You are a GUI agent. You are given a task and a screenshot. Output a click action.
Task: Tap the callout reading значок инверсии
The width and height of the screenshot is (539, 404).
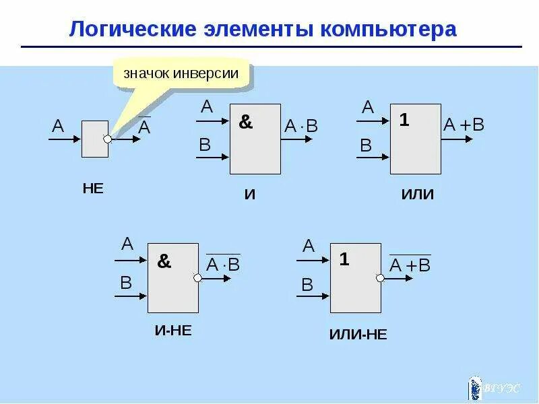pos(181,73)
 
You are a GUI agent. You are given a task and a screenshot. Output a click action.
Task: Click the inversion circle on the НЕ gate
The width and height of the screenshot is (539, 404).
pos(108,139)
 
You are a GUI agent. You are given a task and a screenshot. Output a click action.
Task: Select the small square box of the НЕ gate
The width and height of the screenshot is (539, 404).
pos(94,139)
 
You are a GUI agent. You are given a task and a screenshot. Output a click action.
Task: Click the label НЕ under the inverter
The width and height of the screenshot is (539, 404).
pos(93,189)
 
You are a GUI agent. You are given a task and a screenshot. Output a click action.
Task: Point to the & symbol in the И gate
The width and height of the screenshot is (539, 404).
pos(246,123)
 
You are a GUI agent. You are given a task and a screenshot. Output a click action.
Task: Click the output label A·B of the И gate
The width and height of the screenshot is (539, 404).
pos(300,126)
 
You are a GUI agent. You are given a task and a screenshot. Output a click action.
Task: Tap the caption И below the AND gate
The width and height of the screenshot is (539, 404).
pos(250,195)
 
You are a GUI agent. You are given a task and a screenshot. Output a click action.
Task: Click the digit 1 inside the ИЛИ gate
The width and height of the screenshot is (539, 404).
pos(404,121)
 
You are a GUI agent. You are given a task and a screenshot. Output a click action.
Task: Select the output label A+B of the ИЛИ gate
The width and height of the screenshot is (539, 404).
pos(464,125)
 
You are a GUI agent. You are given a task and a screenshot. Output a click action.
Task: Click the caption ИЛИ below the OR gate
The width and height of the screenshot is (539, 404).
pos(418,195)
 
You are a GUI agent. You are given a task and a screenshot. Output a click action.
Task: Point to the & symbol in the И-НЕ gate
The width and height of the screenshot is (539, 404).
pos(164,261)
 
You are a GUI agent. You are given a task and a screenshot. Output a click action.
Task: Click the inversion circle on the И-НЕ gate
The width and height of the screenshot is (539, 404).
pos(198,277)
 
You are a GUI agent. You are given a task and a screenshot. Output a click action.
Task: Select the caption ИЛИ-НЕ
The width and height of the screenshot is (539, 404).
pos(358,334)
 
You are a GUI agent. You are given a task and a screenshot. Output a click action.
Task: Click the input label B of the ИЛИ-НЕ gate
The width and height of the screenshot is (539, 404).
pos(307,285)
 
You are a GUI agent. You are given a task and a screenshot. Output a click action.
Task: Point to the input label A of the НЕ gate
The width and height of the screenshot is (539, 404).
pos(58,126)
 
